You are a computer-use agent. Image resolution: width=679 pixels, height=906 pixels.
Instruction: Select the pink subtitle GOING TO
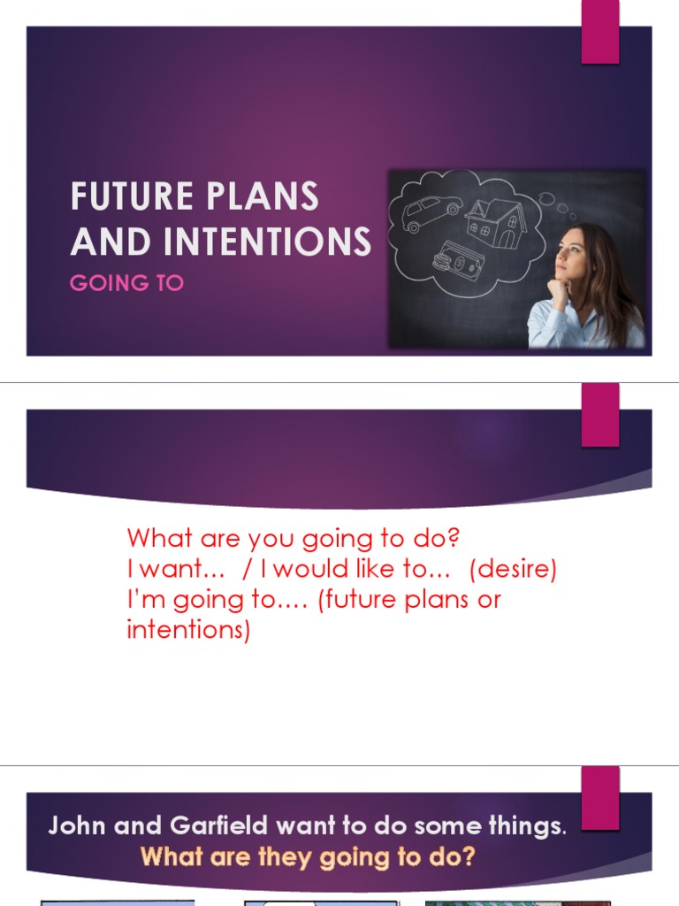coord(126,283)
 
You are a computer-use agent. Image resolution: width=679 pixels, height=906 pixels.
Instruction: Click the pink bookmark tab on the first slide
coord(600,32)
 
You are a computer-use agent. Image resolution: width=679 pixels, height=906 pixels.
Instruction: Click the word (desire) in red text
coord(513,569)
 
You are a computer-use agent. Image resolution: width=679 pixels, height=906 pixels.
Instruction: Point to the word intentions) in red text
coord(188,630)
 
